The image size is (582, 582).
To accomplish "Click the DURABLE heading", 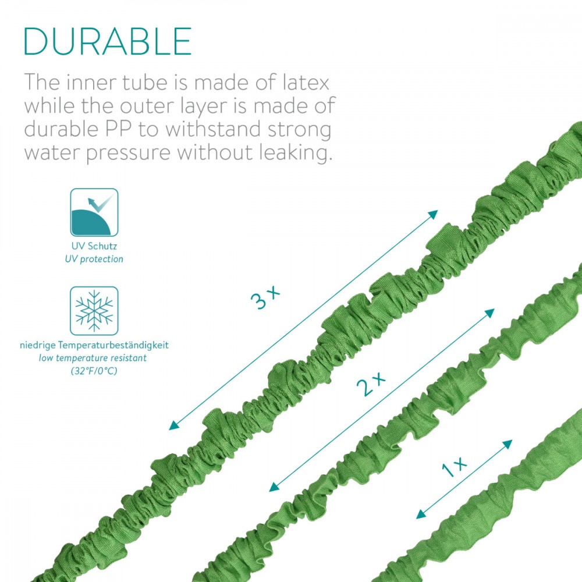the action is (x=108, y=41).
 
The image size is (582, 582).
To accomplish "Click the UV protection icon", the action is (x=94, y=212).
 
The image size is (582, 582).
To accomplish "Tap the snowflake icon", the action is (x=94, y=311).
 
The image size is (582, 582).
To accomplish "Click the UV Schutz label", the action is (x=94, y=246).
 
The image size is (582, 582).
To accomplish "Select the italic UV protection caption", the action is (x=94, y=259).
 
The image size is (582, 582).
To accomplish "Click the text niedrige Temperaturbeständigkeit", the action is (x=94, y=345).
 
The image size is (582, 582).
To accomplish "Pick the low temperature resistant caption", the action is (x=93, y=358).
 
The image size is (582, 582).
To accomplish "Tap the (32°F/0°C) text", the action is (x=94, y=371).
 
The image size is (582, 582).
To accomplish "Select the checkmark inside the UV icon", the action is (x=99, y=203).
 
